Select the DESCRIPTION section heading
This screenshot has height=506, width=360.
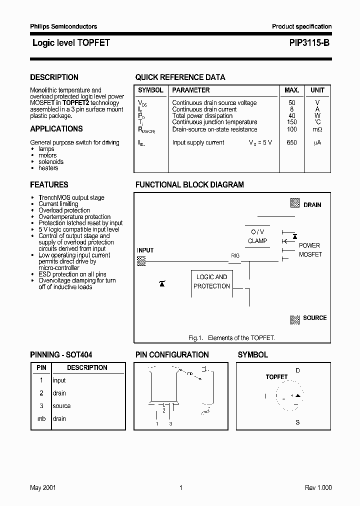pyautogui.click(x=54, y=77)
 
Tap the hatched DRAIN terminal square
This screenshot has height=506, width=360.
pyautogui.click(x=295, y=203)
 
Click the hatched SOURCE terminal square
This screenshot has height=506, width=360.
pyautogui.click(x=295, y=318)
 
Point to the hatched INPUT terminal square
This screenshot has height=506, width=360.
pyautogui.click(x=141, y=260)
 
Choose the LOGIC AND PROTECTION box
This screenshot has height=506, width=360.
pyautogui.click(x=211, y=281)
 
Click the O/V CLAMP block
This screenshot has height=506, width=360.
pyautogui.click(x=257, y=236)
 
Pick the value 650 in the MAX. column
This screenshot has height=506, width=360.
pyautogui.click(x=291, y=142)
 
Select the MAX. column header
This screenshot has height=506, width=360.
pyautogui.click(x=291, y=90)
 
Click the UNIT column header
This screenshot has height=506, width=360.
pyautogui.click(x=317, y=90)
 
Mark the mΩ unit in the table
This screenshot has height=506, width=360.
pyautogui.click(x=317, y=129)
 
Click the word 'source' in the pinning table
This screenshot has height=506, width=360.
pyautogui.click(x=61, y=406)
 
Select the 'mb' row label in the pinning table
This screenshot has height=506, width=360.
pyautogui.click(x=41, y=419)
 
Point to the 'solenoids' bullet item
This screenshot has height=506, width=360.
pyautogui.click(x=51, y=162)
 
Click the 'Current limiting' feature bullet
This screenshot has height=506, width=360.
pyautogui.click(x=58, y=204)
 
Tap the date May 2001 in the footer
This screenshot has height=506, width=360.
pyautogui.click(x=42, y=488)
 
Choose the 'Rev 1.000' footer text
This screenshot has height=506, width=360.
pyautogui.click(x=318, y=488)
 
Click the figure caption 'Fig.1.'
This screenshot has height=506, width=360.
pyautogui.click(x=196, y=338)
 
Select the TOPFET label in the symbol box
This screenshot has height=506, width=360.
pyautogui.click(x=276, y=377)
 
